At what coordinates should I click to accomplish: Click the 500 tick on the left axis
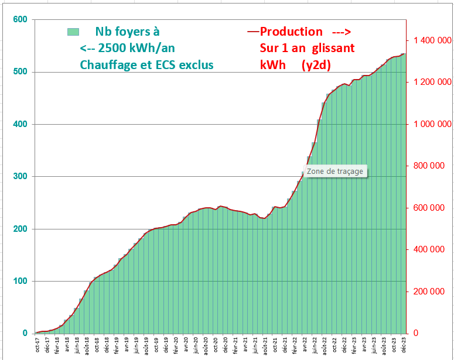21,72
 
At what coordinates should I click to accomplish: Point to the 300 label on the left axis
21,176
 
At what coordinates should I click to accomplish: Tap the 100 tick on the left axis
21,281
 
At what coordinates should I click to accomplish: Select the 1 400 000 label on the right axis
432,40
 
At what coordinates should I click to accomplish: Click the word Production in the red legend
291,32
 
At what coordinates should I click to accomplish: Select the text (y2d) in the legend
316,65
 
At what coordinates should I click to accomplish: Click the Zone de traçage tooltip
336,172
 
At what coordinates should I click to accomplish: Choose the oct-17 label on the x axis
37,345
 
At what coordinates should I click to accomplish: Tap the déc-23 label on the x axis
404,345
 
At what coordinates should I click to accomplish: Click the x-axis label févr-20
175,345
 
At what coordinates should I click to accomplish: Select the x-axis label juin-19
135,345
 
